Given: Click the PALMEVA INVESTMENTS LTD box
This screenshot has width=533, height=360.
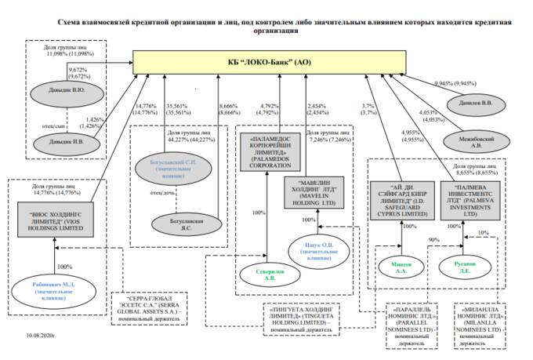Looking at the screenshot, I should click(x=470, y=196).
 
